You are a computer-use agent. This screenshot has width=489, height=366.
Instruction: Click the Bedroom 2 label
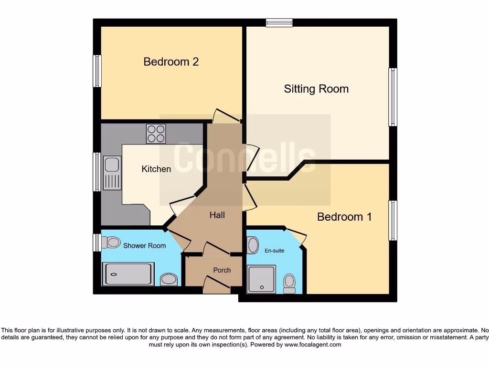pos(171,62)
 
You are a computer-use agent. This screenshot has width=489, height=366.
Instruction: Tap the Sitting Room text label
pos(316,89)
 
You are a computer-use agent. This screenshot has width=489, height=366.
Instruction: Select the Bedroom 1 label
pos(344,217)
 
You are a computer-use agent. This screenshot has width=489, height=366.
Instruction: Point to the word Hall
pos(217,215)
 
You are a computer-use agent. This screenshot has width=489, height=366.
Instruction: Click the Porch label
pos(222,270)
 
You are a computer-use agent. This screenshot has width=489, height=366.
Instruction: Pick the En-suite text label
pos(275,250)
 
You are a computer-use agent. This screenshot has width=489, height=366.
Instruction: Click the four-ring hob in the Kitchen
pos(156,133)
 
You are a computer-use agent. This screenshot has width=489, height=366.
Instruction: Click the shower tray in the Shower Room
pos(128,274)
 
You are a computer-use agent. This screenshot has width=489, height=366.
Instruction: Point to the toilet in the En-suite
pos(289,284)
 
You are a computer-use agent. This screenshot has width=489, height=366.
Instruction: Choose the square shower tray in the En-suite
pos(261,279)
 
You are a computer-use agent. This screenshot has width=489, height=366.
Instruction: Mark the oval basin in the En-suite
pos(253,245)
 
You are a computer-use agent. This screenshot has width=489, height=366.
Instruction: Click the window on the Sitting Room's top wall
pos(279,22)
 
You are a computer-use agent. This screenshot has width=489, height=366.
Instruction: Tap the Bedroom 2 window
pos(97,71)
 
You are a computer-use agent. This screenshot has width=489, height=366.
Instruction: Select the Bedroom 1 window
pos(393,220)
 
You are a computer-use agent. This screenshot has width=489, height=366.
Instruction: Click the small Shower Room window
pos(97,243)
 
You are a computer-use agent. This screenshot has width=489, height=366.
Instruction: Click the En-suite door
pos(298,236)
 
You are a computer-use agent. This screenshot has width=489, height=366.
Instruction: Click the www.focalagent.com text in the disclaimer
pos(312,345)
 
